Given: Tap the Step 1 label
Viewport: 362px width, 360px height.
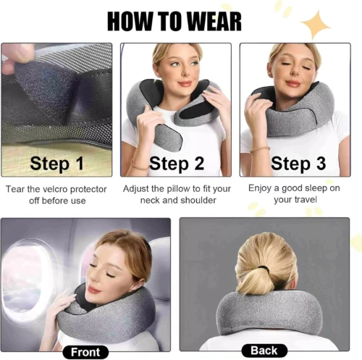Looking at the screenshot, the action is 57,164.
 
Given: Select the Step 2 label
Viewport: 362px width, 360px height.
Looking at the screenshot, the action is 177,164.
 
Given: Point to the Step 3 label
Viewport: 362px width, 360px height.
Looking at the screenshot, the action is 298,164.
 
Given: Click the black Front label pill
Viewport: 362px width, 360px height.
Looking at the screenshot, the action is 85,352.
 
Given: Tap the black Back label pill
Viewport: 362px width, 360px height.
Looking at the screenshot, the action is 264,351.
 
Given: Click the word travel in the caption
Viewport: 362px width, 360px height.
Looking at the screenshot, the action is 305,199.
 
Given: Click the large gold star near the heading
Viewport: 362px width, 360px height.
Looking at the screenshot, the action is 316,24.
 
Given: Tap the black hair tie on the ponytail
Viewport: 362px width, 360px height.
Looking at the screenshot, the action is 264,269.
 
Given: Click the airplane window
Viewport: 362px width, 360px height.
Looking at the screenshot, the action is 27,280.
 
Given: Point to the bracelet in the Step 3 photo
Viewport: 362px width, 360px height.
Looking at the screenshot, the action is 260,150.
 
